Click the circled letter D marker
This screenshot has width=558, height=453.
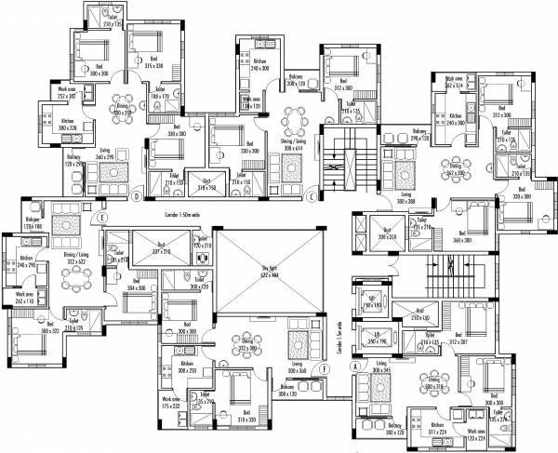tap(137, 197)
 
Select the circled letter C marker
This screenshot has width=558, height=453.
tap(312, 196)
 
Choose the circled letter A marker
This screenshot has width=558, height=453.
tap(354, 366)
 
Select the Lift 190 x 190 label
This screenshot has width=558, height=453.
tap(372, 303)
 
